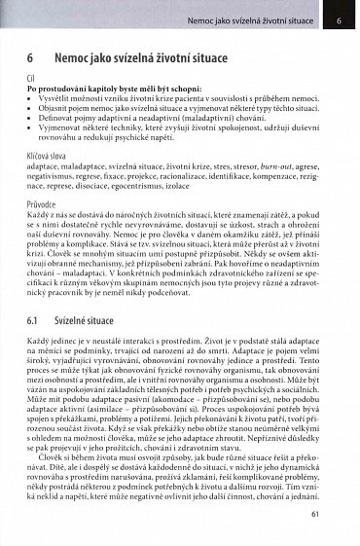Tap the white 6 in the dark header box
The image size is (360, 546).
[x=338, y=18]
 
